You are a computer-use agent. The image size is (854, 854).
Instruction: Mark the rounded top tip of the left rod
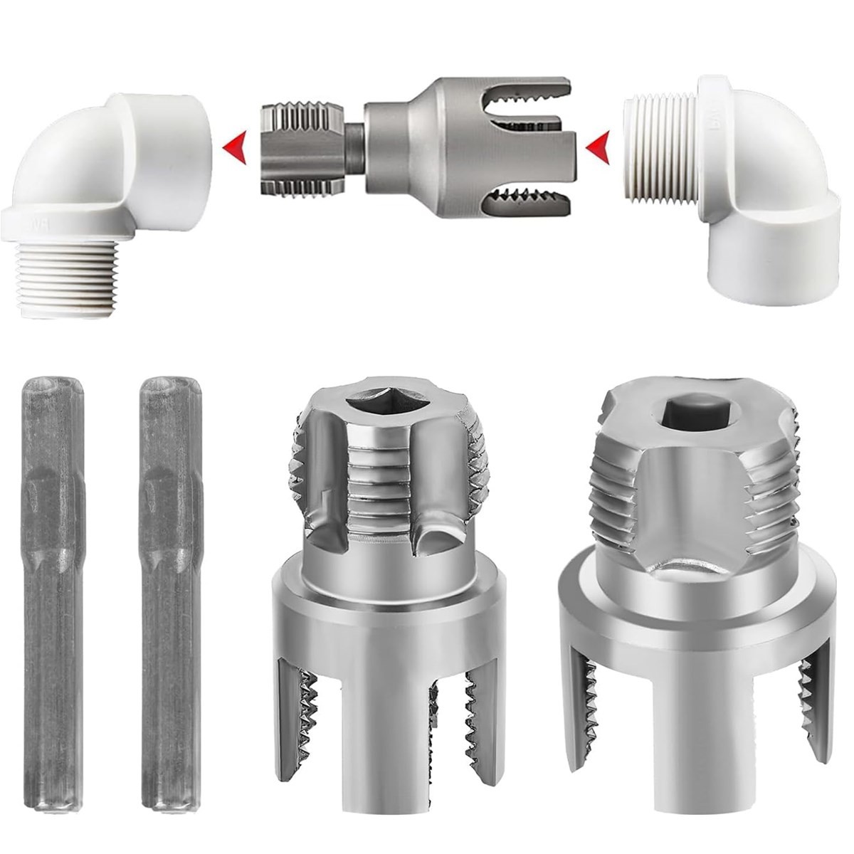pyautogui.click(x=53, y=384)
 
